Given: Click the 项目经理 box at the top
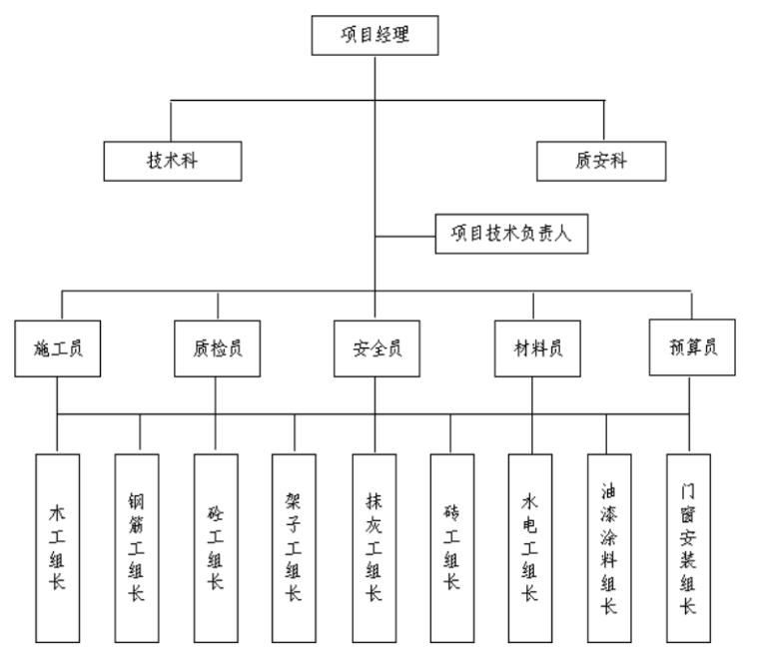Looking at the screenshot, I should (375, 36).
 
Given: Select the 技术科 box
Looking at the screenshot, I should (173, 160).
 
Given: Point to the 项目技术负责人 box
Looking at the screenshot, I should (510, 235).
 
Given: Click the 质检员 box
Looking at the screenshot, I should (217, 349).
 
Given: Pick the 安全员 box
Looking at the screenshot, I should (376, 349).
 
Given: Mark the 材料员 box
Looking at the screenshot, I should (532, 349).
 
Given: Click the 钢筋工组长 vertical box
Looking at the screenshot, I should (137, 547).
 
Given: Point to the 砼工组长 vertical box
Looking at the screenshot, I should (216, 547).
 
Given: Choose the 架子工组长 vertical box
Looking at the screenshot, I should (294, 547).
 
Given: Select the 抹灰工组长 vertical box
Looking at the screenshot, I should (375, 547).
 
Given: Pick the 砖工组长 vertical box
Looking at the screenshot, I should (451, 547).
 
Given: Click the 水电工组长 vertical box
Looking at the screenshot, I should (530, 547).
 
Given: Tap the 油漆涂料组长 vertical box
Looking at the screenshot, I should (609, 547).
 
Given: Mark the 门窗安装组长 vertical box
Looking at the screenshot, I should (688, 547).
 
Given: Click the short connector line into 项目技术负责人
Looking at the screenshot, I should (405, 236).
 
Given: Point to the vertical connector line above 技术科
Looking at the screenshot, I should (172, 120).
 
